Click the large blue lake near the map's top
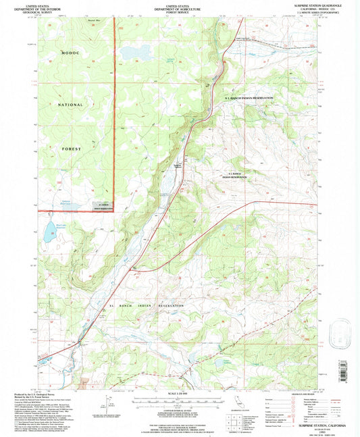tap(136, 52)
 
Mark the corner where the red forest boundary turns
tap(115, 210)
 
